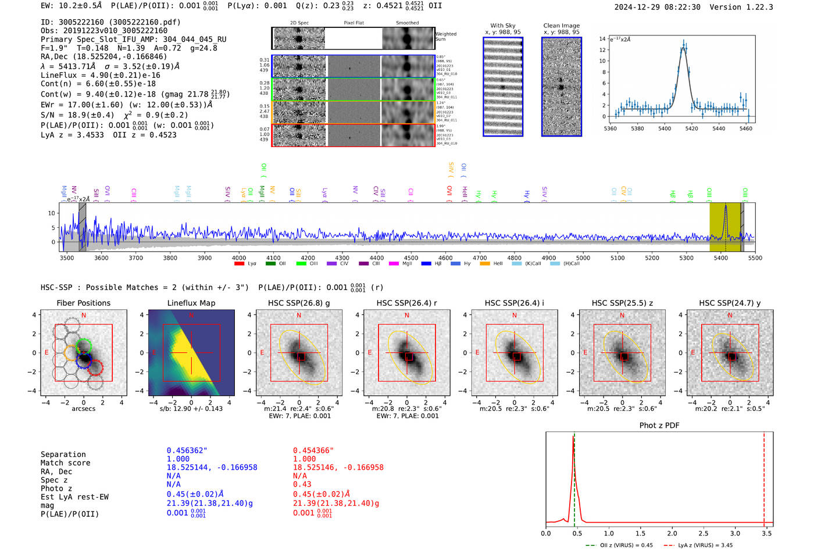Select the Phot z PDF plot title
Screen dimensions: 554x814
click(659, 426)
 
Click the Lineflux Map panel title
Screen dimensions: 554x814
click(191, 303)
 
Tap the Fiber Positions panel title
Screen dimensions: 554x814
click(83, 303)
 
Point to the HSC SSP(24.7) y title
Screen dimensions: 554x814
click(730, 303)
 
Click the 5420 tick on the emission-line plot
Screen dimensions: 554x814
click(691, 128)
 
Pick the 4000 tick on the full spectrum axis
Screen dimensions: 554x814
click(239, 258)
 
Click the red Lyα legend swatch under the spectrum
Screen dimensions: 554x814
click(239, 264)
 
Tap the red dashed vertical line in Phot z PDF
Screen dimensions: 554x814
click(764, 477)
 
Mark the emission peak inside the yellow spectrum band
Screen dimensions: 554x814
click(725, 208)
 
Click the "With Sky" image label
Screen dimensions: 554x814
click(503, 26)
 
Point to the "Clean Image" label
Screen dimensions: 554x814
click(561, 26)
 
